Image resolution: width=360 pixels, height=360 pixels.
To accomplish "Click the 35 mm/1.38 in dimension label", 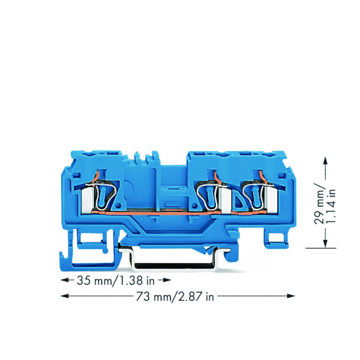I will coord(115,280).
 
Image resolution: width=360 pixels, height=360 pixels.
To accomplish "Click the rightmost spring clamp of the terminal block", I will coord(255,195).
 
